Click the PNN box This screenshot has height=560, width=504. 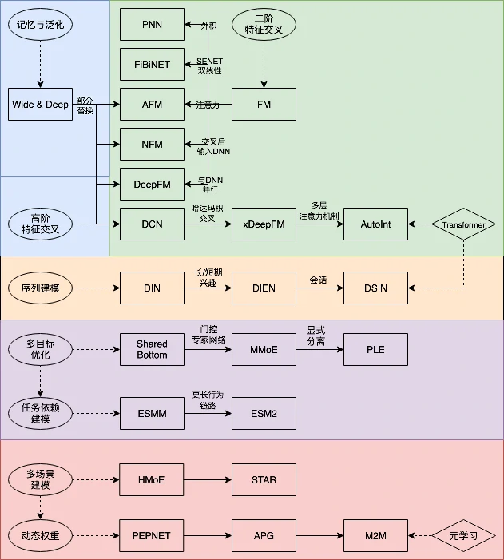pyautogui.click(x=152, y=25)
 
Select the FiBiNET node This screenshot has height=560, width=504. pyautogui.click(x=152, y=65)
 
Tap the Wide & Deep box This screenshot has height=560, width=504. pyautogui.click(x=40, y=105)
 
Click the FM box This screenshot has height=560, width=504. pyautogui.click(x=264, y=105)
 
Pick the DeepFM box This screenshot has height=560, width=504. pyautogui.click(x=152, y=185)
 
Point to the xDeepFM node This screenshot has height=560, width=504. pyautogui.click(x=264, y=224)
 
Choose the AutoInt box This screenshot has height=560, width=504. pyautogui.click(x=375, y=224)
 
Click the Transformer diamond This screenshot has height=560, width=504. pyautogui.click(x=463, y=225)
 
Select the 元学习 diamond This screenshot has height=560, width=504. pyautogui.click(x=463, y=536)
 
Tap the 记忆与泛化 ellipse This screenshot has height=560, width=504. pyautogui.click(x=40, y=25)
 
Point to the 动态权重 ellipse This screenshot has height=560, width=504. pyautogui.click(x=40, y=535)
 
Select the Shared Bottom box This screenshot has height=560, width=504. pyautogui.click(x=152, y=350)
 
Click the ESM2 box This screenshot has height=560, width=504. pyautogui.click(x=264, y=414)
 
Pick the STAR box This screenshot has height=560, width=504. pyautogui.click(x=264, y=479)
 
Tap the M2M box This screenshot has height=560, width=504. pyautogui.click(x=375, y=535)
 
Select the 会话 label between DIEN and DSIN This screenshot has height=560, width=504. pyautogui.click(x=319, y=280)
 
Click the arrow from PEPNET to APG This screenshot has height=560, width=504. pyautogui.click(x=208, y=535)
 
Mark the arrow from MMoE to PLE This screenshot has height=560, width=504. pyautogui.click(x=319, y=350)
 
